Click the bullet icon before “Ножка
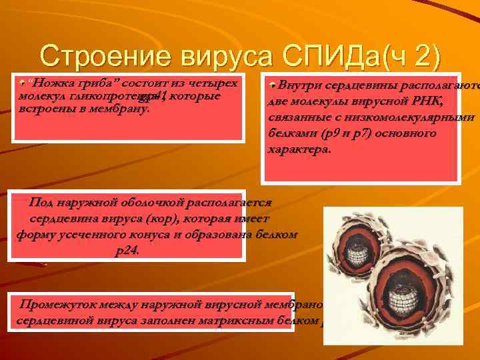point(23,83)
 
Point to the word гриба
point(87,83)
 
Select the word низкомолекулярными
point(417,117)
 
